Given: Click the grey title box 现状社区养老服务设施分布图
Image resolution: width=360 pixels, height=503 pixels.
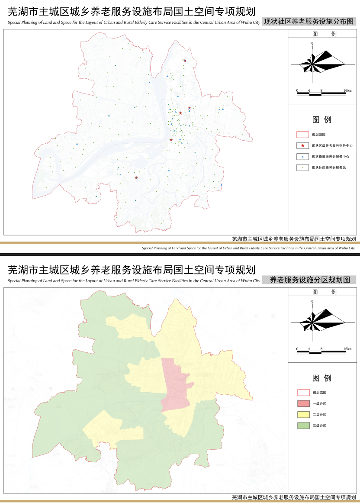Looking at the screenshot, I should click(309, 21).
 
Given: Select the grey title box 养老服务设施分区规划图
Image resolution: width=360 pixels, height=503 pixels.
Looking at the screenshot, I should click(309, 280).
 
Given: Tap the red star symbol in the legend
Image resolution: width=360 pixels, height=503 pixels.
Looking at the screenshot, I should click(302, 145).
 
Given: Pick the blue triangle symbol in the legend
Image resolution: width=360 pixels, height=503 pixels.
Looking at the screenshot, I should click(302, 156).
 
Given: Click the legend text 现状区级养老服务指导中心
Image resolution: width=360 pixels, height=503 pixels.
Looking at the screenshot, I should click(329, 145).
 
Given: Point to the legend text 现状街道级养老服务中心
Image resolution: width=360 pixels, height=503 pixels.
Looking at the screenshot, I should click(328, 156).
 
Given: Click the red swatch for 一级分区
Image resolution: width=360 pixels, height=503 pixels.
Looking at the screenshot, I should click(303, 403).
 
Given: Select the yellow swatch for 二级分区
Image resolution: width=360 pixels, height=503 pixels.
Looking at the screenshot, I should click(303, 415).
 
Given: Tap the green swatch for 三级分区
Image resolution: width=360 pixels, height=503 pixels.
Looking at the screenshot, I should click(303, 426).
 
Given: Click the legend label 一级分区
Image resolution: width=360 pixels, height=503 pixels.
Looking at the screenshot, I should click(319, 403).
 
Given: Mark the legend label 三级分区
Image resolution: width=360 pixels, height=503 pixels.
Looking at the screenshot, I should click(319, 426).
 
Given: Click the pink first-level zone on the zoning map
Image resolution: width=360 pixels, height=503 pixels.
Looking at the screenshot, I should click(175, 385).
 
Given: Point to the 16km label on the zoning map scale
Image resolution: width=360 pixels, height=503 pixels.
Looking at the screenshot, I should click(347, 349).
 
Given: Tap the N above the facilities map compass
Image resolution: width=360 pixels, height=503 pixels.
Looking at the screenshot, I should click(312, 44).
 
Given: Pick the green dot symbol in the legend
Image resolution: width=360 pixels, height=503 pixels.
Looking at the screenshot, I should click(302, 168).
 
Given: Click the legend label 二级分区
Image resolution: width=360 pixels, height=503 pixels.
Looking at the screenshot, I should click(319, 415).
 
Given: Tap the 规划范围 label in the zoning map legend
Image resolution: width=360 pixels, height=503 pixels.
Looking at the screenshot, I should click(319, 393).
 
